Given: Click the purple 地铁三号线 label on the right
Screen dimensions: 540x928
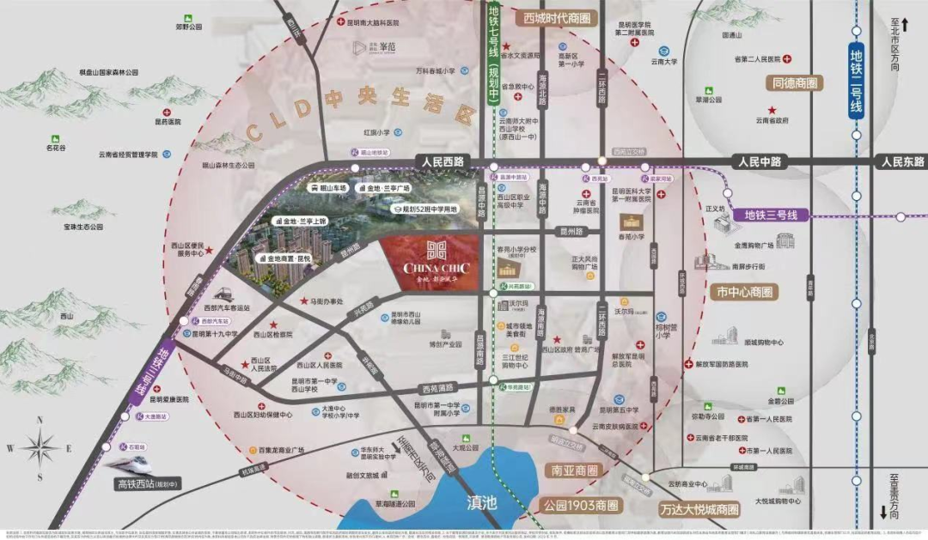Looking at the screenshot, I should (771, 215).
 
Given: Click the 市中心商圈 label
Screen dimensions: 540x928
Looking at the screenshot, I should (744, 292).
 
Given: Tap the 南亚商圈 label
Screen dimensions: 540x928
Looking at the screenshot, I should (568, 471).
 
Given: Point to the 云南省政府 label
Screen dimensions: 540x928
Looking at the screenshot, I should (771, 121).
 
